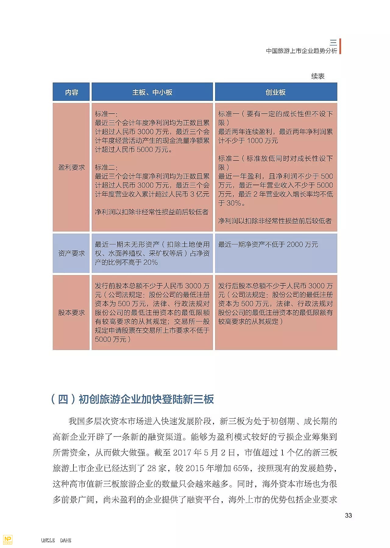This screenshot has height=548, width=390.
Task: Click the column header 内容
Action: click(71, 92)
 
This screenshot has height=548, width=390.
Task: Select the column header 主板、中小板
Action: click(152, 92)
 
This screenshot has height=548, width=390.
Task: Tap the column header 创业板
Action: click(275, 92)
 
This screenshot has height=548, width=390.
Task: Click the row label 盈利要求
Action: click(71, 167)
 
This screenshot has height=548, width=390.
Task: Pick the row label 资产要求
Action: click(71, 253)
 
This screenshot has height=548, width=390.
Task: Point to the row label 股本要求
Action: click(71, 313)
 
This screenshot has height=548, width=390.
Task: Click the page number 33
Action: click(348, 515)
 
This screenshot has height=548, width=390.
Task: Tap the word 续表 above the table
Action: click(318, 76)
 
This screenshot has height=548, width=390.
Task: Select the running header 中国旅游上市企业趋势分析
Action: click(301, 51)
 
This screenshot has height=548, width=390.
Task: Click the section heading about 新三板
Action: click(132, 399)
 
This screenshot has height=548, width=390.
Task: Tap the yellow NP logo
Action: click(8, 539)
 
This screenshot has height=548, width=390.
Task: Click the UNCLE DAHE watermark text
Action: click(56, 540)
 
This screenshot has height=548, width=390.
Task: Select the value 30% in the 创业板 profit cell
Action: click(234, 203)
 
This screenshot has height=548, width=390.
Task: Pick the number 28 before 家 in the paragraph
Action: click(152, 468)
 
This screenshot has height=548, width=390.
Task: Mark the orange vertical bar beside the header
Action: click(340, 46)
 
